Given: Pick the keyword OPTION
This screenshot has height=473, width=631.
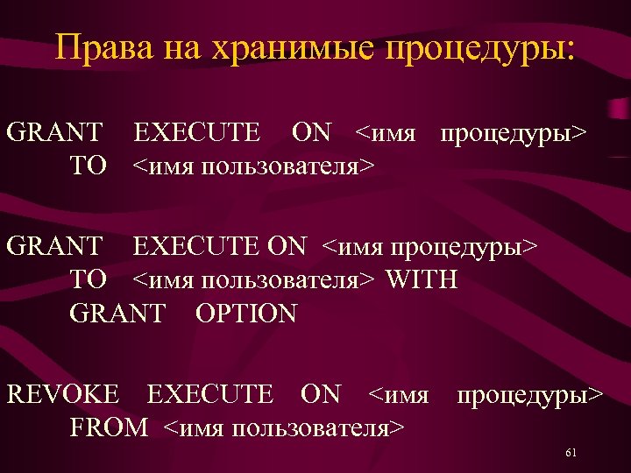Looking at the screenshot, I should tap(246, 313).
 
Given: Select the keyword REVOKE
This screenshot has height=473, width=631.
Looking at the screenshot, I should tap(62, 394).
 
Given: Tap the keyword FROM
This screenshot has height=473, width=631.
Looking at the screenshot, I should tap(109, 427).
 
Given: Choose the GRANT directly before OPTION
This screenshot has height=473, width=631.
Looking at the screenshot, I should tap(117, 313).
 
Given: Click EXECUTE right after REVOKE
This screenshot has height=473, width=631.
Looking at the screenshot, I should tap(210, 394).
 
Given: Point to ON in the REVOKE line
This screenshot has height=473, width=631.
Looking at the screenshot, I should tap(320, 394).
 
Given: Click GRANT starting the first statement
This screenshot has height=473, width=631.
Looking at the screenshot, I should tap(53, 132).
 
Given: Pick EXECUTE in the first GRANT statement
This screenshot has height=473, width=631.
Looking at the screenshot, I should tap(196, 132).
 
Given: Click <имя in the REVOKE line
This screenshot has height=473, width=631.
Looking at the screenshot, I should tap(399, 394).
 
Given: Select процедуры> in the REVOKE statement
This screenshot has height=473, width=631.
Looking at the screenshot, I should tap(529, 394).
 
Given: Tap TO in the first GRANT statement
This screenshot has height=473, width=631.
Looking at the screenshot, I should tap(88, 166).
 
